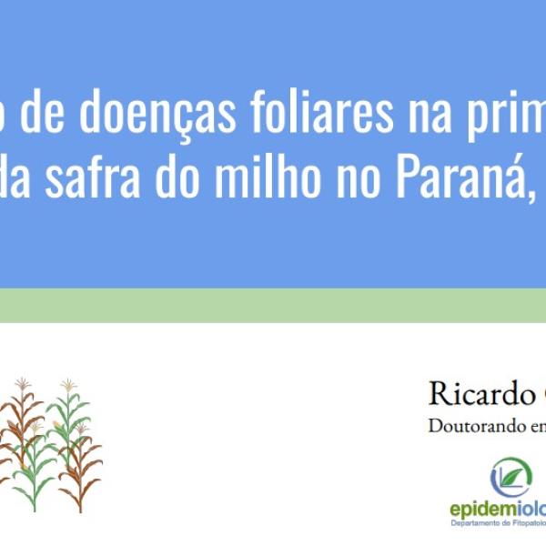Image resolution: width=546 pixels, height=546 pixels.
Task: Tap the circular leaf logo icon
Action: [x=511, y=477]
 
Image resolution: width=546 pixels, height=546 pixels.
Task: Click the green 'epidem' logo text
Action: [x=482, y=509]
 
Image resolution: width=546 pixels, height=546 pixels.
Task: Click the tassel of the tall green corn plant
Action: [x=68, y=385]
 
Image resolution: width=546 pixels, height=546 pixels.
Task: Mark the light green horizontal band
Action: [x=273, y=306]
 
